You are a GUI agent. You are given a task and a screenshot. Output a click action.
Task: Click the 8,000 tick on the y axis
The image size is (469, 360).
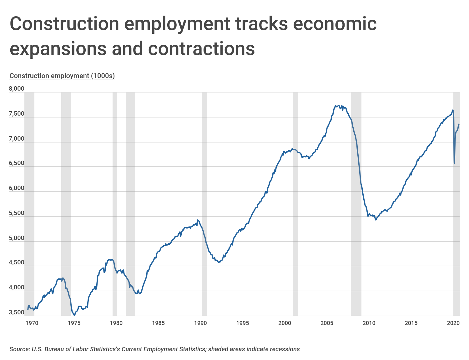[x=17, y=89]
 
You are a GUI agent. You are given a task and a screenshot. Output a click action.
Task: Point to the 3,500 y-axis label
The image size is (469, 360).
[x=17, y=312]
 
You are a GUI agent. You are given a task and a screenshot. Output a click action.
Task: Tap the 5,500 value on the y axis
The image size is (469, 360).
[x=17, y=213]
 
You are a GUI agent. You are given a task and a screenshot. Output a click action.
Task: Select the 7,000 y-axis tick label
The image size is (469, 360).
[x=17, y=138]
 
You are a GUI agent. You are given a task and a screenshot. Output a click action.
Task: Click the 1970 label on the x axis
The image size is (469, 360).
[x=32, y=323]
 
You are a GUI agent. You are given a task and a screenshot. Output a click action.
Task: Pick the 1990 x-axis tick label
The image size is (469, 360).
[x=200, y=323]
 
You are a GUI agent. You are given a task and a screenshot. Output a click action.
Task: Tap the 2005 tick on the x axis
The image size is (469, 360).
[x=327, y=323]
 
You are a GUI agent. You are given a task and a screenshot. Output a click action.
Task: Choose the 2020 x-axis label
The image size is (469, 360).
[x=453, y=323]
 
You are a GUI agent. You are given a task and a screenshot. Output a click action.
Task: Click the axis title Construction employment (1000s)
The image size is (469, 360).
[x=62, y=76]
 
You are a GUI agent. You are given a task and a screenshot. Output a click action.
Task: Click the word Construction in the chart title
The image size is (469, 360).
[x=64, y=24]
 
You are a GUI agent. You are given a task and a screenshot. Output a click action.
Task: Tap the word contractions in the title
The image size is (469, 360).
[x=201, y=49]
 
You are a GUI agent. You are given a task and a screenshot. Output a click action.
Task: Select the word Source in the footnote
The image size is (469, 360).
[x=19, y=349]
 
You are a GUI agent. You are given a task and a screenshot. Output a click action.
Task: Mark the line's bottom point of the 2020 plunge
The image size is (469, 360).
[x=454, y=163]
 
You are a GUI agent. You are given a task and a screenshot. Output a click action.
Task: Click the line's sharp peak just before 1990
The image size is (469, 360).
[x=197, y=220]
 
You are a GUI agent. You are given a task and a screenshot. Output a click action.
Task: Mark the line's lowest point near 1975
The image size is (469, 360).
[x=74, y=315]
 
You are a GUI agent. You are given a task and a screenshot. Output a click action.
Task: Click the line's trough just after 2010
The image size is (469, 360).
[x=376, y=220]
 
